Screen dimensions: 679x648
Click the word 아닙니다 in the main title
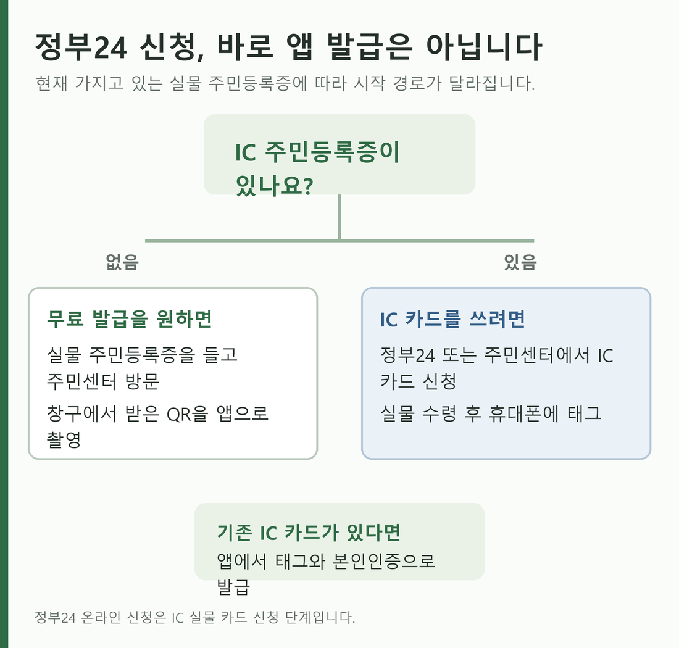click(484, 46)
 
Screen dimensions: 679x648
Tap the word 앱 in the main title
click(299, 46)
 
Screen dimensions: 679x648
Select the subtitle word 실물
click(186, 83)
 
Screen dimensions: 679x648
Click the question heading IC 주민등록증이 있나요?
click(317, 169)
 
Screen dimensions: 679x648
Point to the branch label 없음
click(122, 262)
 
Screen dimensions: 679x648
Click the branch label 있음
click(520, 262)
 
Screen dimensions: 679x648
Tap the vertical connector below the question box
click(339, 217)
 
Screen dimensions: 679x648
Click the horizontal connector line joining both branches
click(339, 241)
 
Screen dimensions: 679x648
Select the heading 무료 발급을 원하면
click(130, 319)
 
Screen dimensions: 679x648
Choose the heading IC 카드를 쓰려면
click(452, 320)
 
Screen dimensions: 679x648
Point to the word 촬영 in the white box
click(64, 440)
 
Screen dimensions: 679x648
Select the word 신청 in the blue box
click(439, 381)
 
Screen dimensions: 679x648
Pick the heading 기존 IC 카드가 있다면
click(309, 533)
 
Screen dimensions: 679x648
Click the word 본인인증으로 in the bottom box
click(384, 562)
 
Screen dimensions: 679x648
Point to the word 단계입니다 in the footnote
click(320, 617)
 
